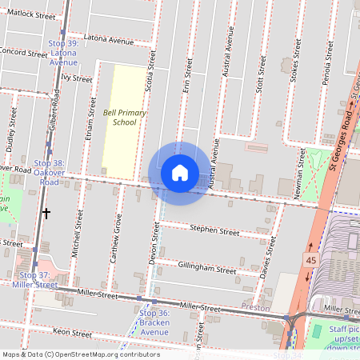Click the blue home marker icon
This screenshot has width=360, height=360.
click(x=180, y=173)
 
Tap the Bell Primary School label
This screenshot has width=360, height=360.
click(x=125, y=118)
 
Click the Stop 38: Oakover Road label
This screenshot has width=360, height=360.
click(x=50, y=171)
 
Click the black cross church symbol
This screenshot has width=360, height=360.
click(x=46, y=214)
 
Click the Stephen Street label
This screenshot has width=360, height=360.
click(x=214, y=231)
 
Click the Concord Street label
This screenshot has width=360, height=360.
click(x=24, y=54)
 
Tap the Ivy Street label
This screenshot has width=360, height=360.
click(x=77, y=78)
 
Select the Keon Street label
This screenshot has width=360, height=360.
click(x=50, y=330)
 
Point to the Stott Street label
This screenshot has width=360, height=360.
click(x=258, y=80)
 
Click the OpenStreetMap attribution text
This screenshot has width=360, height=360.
click(x=80, y=354)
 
